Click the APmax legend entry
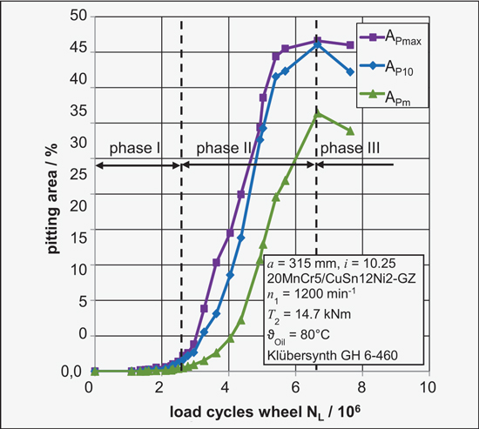401,37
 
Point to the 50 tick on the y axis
77,16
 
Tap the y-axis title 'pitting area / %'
53,193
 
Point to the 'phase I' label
130,149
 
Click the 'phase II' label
224,149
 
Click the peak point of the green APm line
318,113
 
